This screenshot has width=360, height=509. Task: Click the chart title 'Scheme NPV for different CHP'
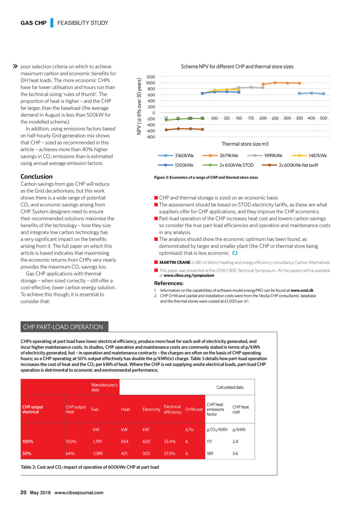237,66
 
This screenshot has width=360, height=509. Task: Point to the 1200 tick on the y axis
150,77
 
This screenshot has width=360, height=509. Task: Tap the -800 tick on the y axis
150,137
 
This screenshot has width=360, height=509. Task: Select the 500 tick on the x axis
323,118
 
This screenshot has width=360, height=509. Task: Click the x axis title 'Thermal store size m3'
245,144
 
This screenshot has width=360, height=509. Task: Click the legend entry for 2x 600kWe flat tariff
298,165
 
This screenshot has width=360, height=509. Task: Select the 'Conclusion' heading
37,176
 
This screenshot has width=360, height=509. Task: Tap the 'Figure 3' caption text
206,178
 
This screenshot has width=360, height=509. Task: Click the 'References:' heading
169,283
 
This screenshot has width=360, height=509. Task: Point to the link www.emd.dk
302,290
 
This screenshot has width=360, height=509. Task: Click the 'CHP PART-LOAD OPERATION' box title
63,327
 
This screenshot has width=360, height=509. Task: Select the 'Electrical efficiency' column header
173,410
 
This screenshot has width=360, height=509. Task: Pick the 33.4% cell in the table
170,442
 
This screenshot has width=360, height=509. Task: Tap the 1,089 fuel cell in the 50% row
98,453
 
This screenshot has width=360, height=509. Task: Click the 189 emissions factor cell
210,453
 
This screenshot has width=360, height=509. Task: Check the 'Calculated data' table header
230,387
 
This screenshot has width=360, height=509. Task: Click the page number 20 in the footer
24,492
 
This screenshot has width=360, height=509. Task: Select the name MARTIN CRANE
175,263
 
